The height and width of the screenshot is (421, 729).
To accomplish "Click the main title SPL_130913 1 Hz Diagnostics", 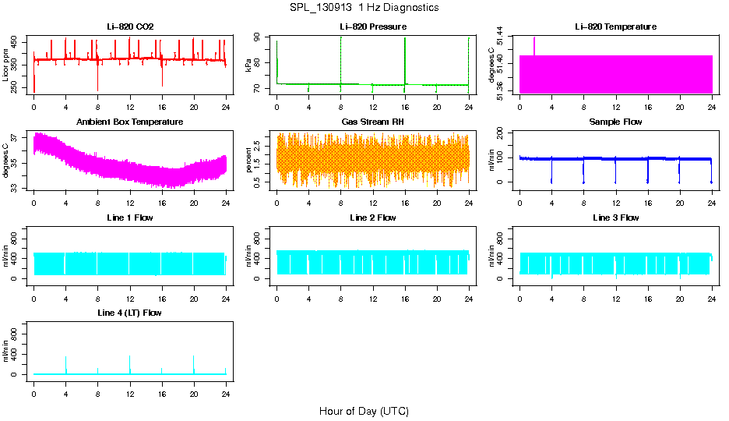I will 364,8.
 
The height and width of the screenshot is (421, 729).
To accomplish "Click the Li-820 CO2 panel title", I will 130,27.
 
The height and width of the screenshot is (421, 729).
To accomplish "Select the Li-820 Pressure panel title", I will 372,27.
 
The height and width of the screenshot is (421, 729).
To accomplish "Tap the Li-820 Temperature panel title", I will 615,27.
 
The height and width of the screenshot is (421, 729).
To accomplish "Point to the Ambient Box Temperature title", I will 130,122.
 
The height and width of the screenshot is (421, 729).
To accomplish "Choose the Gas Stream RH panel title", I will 372,122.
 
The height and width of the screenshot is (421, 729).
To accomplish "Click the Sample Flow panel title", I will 615,122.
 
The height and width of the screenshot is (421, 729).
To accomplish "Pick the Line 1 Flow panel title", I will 130,218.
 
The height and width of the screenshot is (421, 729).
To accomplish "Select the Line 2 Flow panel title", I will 372,218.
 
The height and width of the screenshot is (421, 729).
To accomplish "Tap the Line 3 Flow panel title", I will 615,218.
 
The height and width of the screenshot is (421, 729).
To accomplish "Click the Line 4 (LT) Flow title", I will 130,313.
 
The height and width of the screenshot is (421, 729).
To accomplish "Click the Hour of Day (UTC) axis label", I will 364,411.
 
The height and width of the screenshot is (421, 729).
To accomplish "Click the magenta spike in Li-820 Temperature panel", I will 534,45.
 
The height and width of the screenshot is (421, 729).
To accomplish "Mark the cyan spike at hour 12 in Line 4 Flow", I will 130,363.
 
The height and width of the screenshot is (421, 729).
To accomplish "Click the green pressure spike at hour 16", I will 405,58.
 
